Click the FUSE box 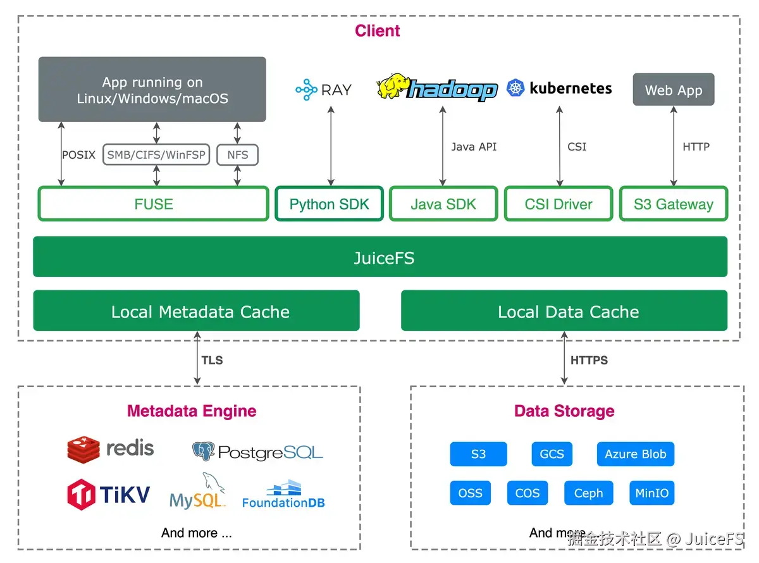(154, 204)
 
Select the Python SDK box (329, 204)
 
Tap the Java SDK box (443, 204)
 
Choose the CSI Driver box (558, 204)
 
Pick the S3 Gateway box (673, 204)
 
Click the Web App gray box (673, 90)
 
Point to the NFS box (237, 154)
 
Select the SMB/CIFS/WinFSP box (156, 154)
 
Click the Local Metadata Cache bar (196, 311)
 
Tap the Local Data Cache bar (564, 311)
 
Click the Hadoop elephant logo (393, 87)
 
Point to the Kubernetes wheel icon (516, 89)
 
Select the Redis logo (83, 449)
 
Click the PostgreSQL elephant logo (204, 451)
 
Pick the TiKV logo (82, 494)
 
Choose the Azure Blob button (635, 454)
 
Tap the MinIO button (651, 493)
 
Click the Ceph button (588, 493)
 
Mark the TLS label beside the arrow (212, 360)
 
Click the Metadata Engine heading (192, 411)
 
